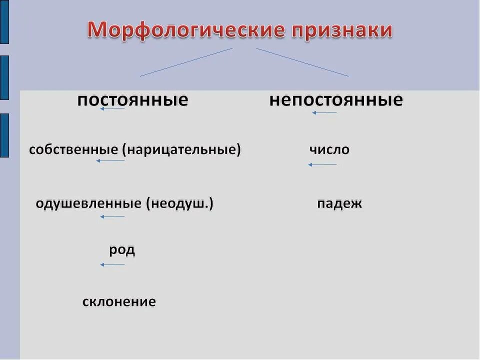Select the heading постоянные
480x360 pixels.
[x=132, y=100]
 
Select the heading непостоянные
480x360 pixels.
[x=336, y=100]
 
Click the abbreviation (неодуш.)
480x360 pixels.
[x=180, y=203]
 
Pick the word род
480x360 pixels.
[x=122, y=249]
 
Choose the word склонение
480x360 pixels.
[x=119, y=301]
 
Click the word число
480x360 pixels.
[x=329, y=149]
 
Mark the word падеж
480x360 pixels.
[x=339, y=203]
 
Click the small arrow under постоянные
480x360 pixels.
[x=112, y=108]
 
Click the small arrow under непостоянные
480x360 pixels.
[x=324, y=112]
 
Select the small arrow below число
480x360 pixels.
[x=322, y=164]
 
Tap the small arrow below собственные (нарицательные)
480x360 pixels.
[x=110, y=160]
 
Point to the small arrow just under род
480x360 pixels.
[x=112, y=264]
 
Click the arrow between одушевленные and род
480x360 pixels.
[x=112, y=216]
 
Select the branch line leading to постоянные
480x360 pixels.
[x=186, y=62]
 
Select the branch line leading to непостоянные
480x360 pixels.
[x=302, y=62]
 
